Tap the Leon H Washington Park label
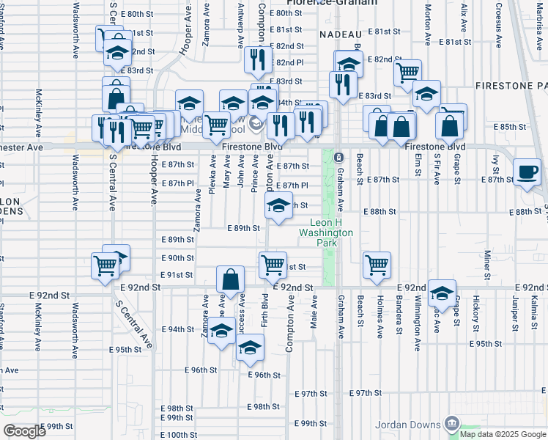click(x=326, y=232)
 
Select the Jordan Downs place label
click(x=408, y=425)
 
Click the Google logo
click(x=24, y=431)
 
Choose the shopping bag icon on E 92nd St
click(x=231, y=279)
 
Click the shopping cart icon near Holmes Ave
click(x=377, y=265)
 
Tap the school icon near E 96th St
click(x=251, y=348)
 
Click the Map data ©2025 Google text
click(x=502, y=434)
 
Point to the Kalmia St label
click(x=535, y=311)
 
